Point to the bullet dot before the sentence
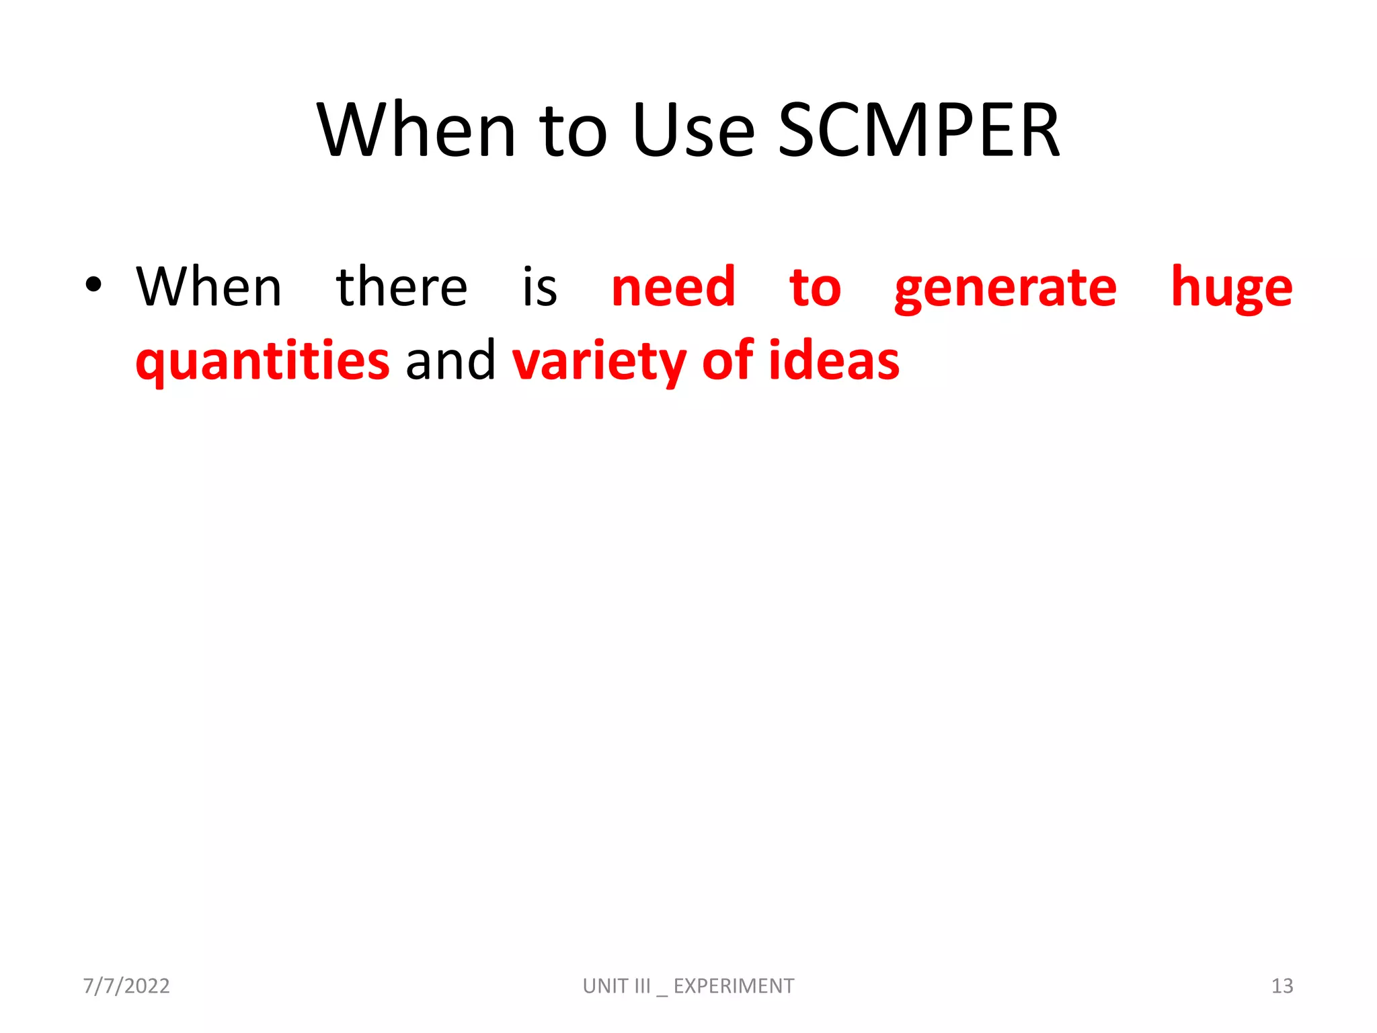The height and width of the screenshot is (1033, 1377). pyautogui.click(x=93, y=285)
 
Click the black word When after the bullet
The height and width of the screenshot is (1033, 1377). pyautogui.click(x=208, y=287)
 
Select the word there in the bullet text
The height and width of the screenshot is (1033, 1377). pyautogui.click(x=401, y=287)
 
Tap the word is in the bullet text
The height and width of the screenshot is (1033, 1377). pyautogui.click(x=540, y=287)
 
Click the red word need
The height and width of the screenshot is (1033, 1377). pyautogui.click(x=673, y=287)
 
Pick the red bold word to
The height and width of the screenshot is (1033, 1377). pyautogui.click(x=815, y=289)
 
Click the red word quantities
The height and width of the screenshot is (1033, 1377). pyautogui.click(x=262, y=362)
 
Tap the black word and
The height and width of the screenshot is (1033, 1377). pyautogui.click(x=450, y=361)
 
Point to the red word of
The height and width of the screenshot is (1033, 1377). pyautogui.click(x=727, y=361)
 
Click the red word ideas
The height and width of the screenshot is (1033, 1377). pyautogui.click(x=834, y=361)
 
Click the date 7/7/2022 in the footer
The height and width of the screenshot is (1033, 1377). pyautogui.click(x=126, y=986)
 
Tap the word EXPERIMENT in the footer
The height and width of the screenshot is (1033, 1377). pyautogui.click(x=734, y=986)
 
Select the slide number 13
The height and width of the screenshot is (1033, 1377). pyautogui.click(x=1282, y=986)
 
